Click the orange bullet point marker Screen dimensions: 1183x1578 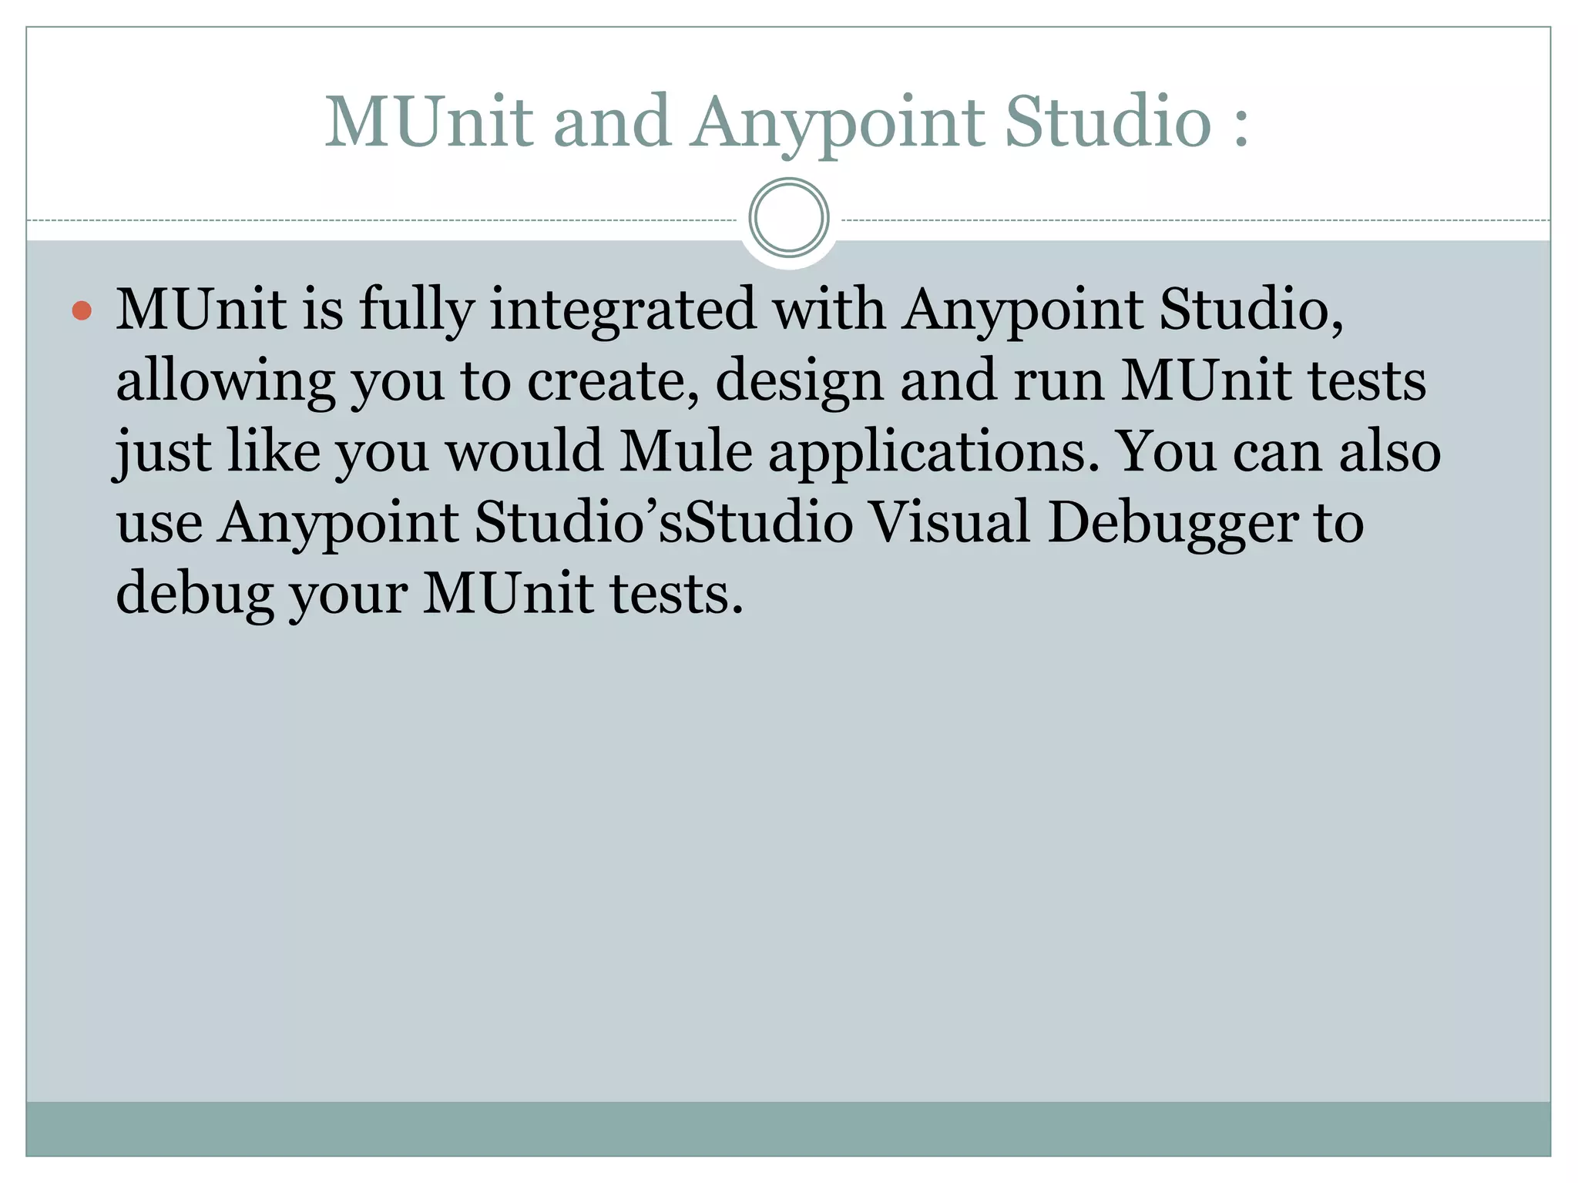click(82, 311)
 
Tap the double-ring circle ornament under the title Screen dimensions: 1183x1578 click(788, 217)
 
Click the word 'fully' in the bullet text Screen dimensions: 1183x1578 click(416, 310)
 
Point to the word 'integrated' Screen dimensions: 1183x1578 click(623, 310)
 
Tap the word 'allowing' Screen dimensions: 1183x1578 click(225, 381)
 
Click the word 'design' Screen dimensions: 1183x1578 click(799, 381)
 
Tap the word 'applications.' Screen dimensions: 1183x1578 click(933, 452)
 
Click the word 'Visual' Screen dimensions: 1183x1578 click(950, 521)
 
